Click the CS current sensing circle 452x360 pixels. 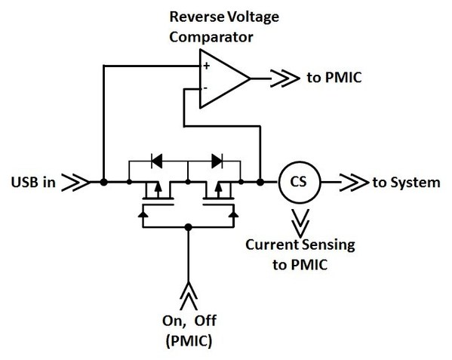(297, 182)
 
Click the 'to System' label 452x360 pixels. (407, 183)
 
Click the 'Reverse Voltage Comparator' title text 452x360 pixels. (213, 26)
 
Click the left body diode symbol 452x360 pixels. (157, 160)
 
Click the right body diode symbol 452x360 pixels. (217, 160)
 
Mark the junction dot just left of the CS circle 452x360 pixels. (260, 182)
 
